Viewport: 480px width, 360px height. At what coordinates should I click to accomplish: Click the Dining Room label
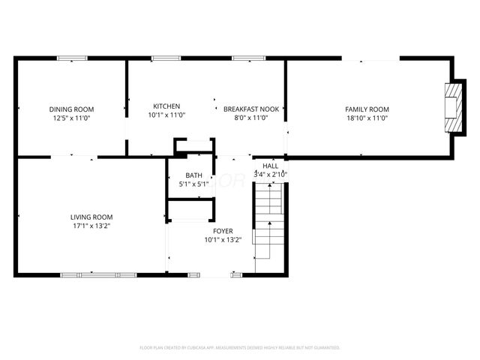point(72,109)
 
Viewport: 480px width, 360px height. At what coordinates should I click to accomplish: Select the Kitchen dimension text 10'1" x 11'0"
point(166,115)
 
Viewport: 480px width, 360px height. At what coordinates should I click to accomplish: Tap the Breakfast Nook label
point(251,109)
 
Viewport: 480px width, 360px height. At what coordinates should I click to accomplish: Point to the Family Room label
point(367,109)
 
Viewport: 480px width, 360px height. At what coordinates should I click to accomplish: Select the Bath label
point(193,175)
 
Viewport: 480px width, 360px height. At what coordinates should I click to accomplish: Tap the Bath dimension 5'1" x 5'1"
point(193,184)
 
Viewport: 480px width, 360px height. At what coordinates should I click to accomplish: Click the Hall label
point(270,166)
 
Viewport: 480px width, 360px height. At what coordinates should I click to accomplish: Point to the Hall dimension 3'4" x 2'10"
point(270,175)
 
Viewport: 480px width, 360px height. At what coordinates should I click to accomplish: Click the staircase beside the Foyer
point(268,225)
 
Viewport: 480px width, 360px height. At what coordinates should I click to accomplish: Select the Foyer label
point(223,232)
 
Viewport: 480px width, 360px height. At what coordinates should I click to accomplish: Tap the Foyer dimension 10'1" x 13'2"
point(223,241)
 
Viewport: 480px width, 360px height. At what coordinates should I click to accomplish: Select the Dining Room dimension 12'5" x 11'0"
point(72,118)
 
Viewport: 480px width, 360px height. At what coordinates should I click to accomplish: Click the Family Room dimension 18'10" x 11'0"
point(367,118)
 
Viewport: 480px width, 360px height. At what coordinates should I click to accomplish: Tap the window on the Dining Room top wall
point(72,58)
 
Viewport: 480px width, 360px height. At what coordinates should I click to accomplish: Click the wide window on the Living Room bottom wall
point(99,275)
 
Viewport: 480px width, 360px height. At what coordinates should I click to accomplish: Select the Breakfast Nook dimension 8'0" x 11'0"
point(251,118)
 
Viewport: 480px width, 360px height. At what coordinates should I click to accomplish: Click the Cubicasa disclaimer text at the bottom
point(240,348)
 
